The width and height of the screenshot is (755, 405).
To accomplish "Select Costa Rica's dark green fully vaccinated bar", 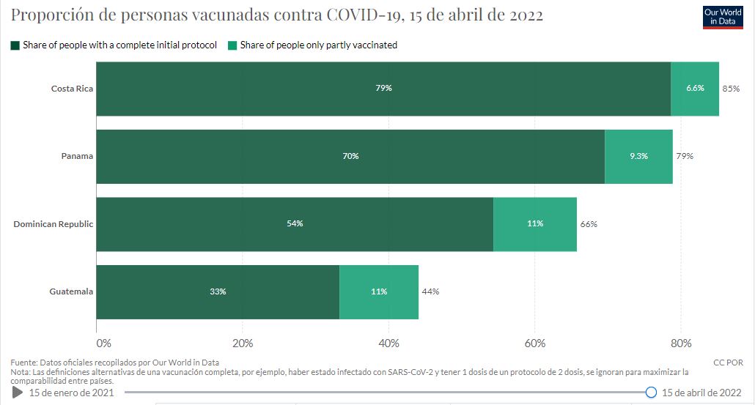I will pyautogui.click(x=383, y=89).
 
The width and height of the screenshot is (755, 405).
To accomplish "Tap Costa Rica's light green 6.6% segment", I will pyautogui.click(x=695, y=89).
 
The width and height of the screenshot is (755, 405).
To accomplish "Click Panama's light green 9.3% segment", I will pyautogui.click(x=638, y=157).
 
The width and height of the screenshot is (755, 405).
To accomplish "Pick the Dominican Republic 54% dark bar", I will pyautogui.click(x=295, y=224).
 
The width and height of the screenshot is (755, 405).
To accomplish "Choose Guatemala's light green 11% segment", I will pyautogui.click(x=379, y=291).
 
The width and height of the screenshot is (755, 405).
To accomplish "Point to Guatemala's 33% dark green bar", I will pyautogui.click(x=218, y=291).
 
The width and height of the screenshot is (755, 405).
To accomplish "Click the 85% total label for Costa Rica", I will pyautogui.click(x=730, y=89).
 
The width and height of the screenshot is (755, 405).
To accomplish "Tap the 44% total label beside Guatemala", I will pyautogui.click(x=430, y=291).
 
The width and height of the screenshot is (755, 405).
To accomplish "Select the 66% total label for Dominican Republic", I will pyautogui.click(x=589, y=224).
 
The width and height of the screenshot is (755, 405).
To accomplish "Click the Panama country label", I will pyautogui.click(x=78, y=157).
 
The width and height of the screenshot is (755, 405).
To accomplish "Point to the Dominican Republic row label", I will pyautogui.click(x=54, y=224).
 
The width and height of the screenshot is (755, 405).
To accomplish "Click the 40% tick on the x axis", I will pyautogui.click(x=388, y=343).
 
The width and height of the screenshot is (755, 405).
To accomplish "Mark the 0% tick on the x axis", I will pyautogui.click(x=103, y=343).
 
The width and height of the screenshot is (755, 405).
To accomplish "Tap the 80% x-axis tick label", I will pyautogui.click(x=681, y=343).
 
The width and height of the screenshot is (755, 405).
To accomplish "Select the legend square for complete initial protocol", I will pyautogui.click(x=15, y=45).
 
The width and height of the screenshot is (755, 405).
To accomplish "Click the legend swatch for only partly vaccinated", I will pyautogui.click(x=232, y=45).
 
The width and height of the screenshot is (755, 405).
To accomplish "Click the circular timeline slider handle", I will pyautogui.click(x=651, y=393).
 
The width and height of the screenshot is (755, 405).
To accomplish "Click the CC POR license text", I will pyautogui.click(x=727, y=363).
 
